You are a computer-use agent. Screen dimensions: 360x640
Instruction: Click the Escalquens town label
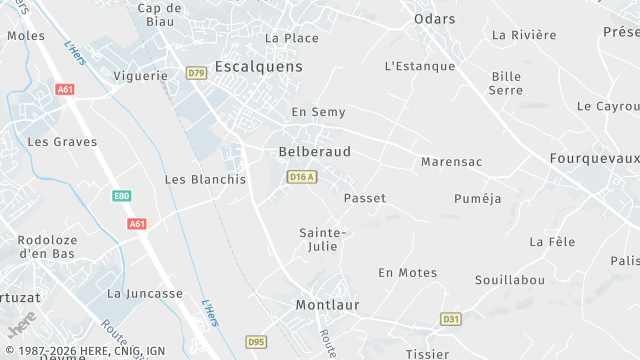click(259, 68)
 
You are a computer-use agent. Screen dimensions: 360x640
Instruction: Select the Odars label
click(434, 19)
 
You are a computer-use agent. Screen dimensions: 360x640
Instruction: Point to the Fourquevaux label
click(594, 158)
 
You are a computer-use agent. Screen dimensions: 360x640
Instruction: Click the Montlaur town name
click(327, 304)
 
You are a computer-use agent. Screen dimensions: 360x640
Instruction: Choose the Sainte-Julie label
click(323, 240)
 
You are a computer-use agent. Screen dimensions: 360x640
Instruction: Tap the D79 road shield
click(196, 74)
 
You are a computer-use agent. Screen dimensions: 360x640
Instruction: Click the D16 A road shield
click(301, 177)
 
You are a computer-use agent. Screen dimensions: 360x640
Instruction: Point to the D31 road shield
click(451, 319)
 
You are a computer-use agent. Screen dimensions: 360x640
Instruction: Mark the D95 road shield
click(256, 342)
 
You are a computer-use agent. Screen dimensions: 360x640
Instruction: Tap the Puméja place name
click(477, 198)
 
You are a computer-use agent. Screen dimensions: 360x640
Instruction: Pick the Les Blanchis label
click(205, 179)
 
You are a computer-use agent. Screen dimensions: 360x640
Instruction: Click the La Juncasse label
click(145, 293)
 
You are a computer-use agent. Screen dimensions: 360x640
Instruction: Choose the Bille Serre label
click(506, 83)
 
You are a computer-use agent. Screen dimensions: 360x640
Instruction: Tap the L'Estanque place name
click(419, 66)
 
